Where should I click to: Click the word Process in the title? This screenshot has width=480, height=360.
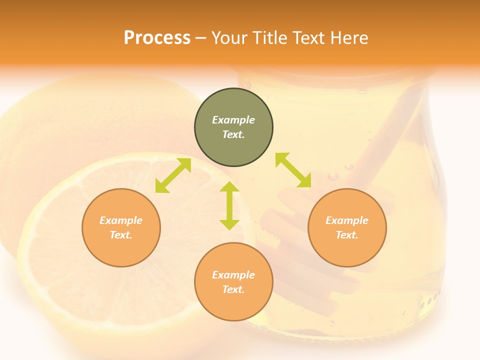point(157,38)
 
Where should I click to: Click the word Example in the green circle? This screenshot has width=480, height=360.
point(233,120)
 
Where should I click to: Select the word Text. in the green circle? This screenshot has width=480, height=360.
point(233,134)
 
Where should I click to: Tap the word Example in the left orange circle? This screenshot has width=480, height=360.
point(121,220)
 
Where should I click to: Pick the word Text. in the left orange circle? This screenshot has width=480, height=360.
point(121,235)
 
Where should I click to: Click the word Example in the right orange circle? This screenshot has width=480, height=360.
point(347,220)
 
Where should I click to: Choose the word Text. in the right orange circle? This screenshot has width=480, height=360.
point(347,235)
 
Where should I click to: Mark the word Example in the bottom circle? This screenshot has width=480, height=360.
point(233,275)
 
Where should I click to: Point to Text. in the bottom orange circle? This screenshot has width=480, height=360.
point(233,289)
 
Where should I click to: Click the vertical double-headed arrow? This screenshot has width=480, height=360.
point(229,205)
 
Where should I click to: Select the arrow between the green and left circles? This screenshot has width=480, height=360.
point(173,176)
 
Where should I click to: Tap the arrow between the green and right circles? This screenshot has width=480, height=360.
point(293,170)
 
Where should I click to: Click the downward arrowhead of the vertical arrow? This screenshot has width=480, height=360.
point(229,224)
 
